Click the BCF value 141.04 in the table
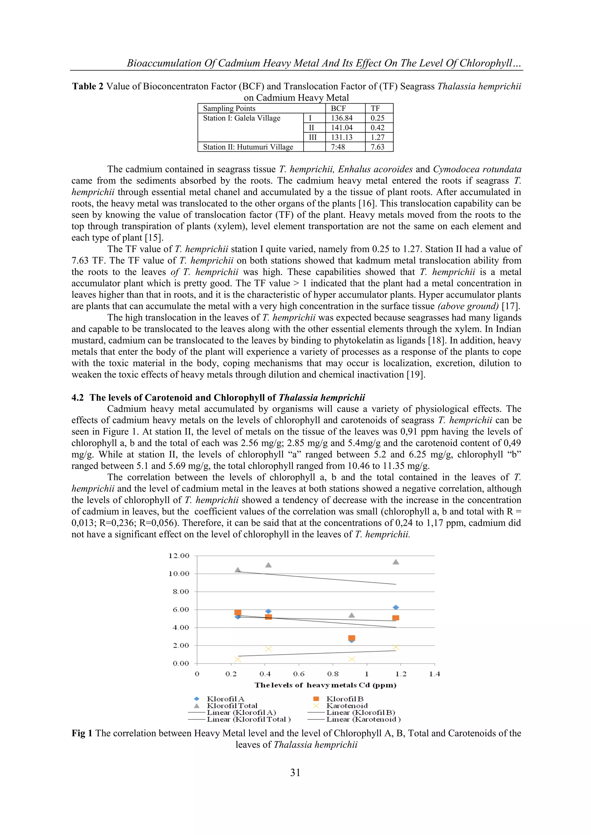point(342,128)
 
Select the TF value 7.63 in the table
point(377,147)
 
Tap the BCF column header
point(338,108)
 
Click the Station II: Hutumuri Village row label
point(248,147)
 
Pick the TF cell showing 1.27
point(377,138)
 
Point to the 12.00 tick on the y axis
point(179,556)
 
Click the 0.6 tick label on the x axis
point(299,674)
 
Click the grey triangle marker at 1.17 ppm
point(396,562)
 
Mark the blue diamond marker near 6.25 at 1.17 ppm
point(396,607)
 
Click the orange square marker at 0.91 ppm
point(351,638)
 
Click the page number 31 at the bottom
point(295,772)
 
